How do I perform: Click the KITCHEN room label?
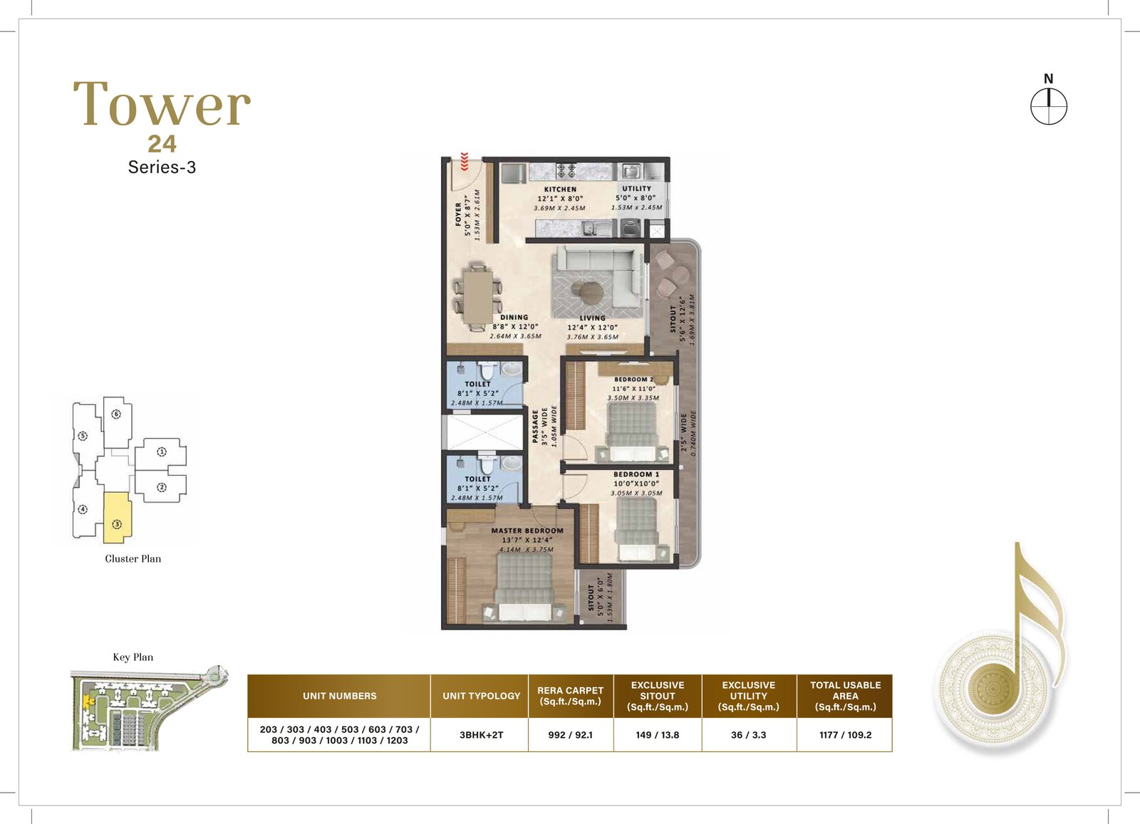click(560, 189)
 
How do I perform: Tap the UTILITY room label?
click(636, 188)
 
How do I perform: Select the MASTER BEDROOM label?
click(527, 531)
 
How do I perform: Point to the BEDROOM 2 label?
click(633, 380)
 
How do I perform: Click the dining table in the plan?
click(478, 297)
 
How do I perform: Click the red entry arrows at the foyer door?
click(464, 161)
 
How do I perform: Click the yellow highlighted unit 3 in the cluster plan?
click(117, 518)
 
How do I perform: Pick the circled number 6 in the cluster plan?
click(117, 414)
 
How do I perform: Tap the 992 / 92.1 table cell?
click(571, 735)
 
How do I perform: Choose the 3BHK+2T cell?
click(481, 735)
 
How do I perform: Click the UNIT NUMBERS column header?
click(339, 696)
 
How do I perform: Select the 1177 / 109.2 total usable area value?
click(845, 735)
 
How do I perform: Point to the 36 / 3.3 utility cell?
click(749, 735)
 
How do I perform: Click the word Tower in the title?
click(162, 104)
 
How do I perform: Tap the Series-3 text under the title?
click(162, 167)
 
